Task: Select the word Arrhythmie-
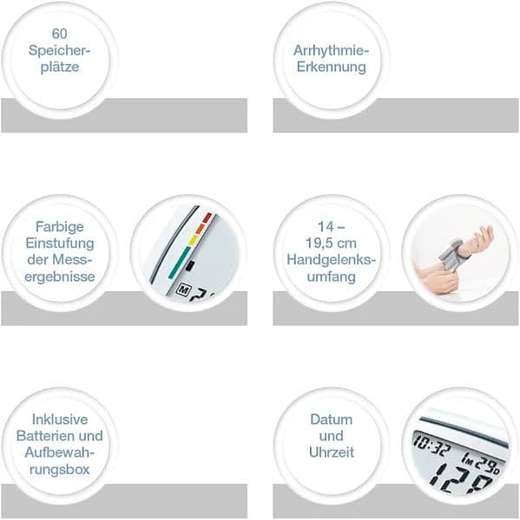point(329,51)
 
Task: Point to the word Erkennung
point(329,67)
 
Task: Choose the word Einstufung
point(59,245)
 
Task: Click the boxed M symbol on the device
point(184,289)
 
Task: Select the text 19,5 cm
point(330,245)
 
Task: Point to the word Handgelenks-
point(330,261)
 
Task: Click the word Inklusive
point(59,419)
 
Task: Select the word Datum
point(331,419)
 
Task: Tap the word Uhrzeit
point(331,452)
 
